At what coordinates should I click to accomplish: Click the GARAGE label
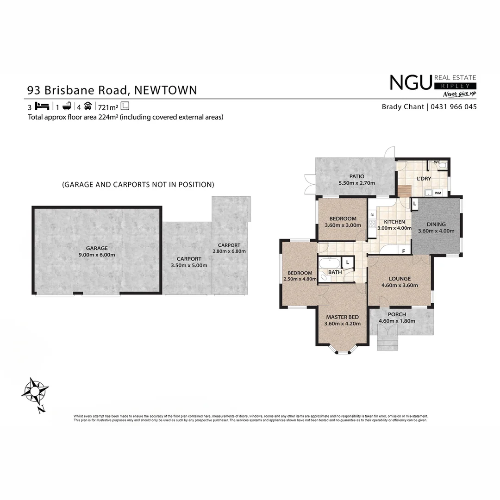(97, 248)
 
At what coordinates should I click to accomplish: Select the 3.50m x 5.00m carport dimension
(189, 265)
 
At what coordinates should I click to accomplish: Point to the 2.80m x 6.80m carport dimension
(229, 251)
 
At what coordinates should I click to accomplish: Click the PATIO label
(356, 176)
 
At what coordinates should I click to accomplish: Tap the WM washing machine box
(438, 193)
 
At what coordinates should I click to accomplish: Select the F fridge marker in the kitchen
(404, 251)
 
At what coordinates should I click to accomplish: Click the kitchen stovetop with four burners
(372, 224)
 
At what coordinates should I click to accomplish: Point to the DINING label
(436, 225)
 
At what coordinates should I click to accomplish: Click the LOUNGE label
(400, 279)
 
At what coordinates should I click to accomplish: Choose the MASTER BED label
(342, 317)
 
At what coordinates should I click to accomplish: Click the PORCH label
(397, 314)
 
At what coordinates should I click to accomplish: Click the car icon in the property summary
(87, 106)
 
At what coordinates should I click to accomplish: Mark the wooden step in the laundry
(404, 191)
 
